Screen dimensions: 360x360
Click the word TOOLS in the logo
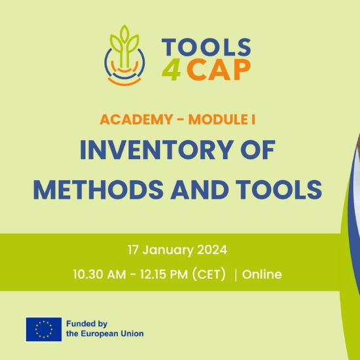[x=206, y=47]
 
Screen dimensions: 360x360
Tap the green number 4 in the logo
[x=171, y=70]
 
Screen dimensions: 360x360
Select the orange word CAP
[x=219, y=69]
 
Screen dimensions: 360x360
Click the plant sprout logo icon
[x=124, y=56]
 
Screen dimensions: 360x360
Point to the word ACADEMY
[x=136, y=119]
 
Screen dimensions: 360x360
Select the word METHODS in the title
[x=98, y=190]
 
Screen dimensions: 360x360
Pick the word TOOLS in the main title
[x=279, y=190]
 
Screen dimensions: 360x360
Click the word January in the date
[x=168, y=250]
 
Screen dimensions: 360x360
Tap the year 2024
[x=212, y=250]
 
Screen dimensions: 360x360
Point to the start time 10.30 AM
[x=99, y=274]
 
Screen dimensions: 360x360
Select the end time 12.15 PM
[x=164, y=274]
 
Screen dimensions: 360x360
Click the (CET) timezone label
[x=209, y=274]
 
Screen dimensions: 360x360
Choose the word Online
[x=262, y=274]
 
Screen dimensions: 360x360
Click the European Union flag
[x=44, y=329]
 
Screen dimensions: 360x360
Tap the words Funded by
[x=87, y=324]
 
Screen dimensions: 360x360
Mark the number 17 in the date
[x=133, y=250]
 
